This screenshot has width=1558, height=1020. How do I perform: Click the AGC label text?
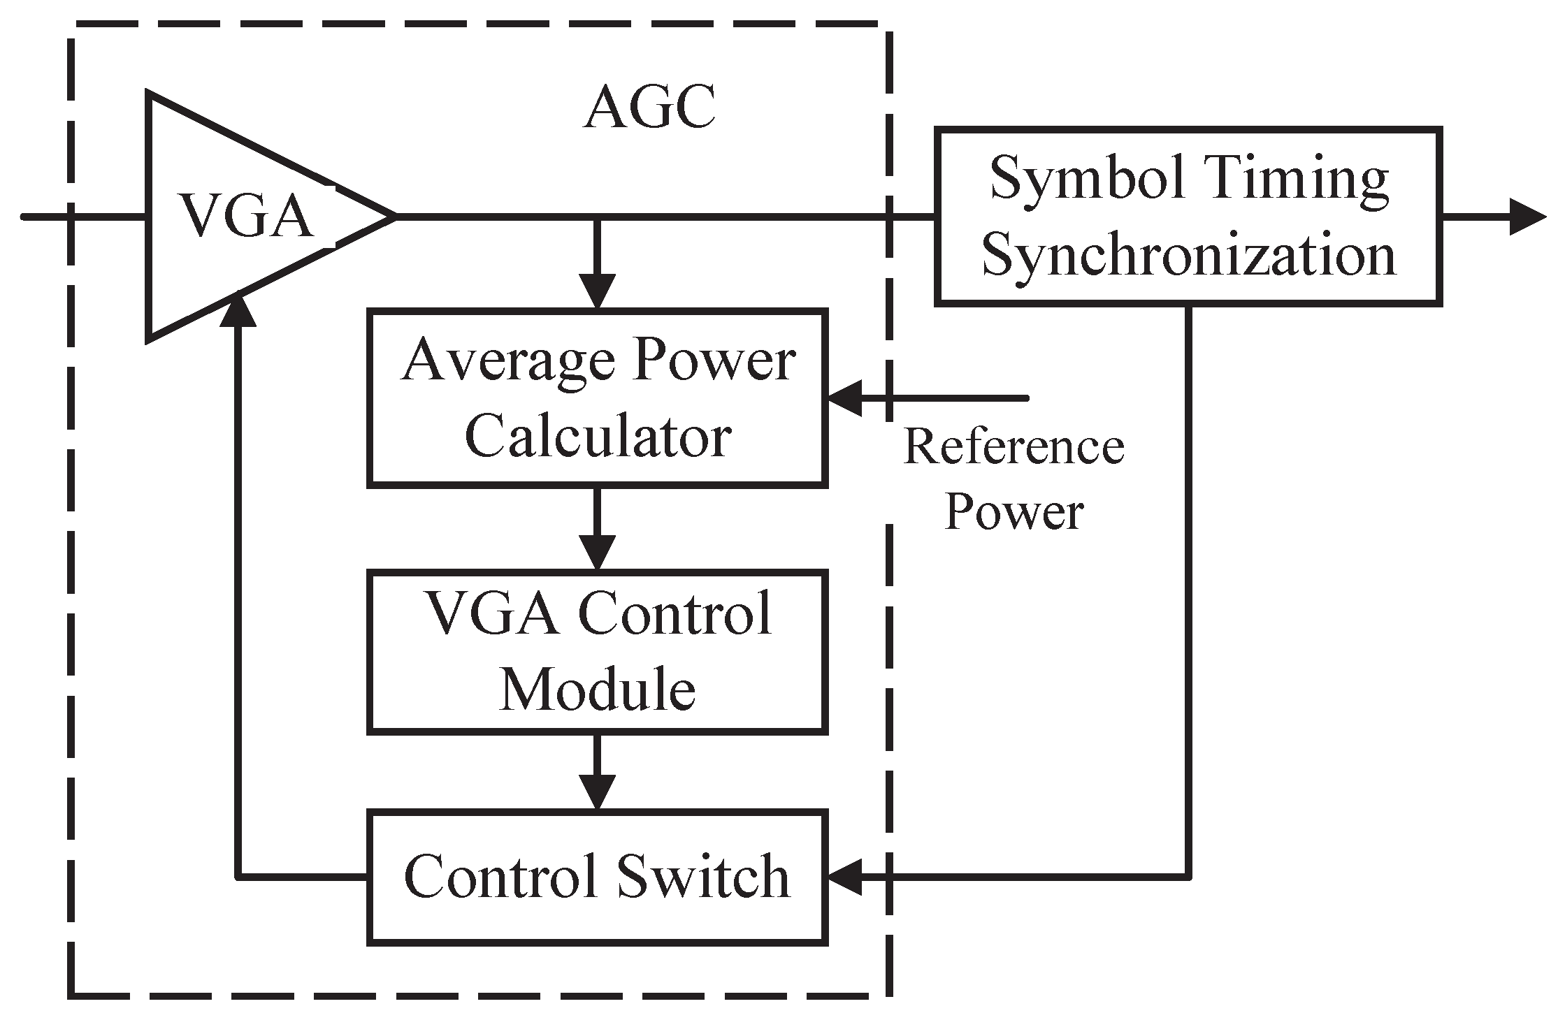click(649, 110)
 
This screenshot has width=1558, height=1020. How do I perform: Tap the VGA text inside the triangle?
click(246, 216)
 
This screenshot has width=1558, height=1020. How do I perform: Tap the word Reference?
click(1014, 447)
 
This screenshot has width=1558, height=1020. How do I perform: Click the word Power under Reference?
click(1014, 511)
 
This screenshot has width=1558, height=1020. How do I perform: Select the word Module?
click(598, 689)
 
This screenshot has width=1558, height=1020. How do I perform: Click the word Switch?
click(703, 877)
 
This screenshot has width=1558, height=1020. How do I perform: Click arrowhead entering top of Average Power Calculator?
click(597, 292)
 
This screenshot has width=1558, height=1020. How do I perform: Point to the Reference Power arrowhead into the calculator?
click(844, 398)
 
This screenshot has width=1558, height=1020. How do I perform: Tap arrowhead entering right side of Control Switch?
click(844, 877)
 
